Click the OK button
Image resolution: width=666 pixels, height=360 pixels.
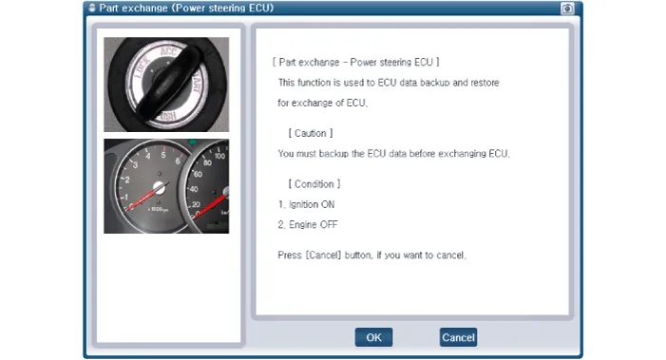(373, 337)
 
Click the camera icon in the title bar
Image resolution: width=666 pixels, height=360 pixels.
(567, 8)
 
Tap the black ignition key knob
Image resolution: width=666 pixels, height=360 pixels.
(168, 83)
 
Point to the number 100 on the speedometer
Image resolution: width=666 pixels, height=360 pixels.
(219, 156)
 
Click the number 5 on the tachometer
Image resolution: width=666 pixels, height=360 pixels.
(163, 155)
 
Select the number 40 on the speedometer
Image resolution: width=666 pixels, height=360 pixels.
(193, 189)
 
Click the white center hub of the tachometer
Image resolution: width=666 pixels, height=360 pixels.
(159, 187)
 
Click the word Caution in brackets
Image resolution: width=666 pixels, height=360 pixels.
(311, 133)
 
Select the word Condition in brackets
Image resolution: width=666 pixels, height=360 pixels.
(314, 184)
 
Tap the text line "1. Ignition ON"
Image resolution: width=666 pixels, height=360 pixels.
(306, 204)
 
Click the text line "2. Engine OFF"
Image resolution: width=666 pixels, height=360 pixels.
(308, 225)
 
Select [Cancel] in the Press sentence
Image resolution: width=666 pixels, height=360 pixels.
(323, 256)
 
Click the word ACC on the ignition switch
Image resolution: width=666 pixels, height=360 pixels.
(168, 51)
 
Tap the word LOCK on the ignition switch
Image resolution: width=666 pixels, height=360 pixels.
(143, 68)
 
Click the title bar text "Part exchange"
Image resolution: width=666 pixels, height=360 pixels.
(133, 8)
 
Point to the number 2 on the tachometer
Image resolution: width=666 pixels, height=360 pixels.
(127, 180)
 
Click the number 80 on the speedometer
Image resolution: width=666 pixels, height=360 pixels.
(207, 162)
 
